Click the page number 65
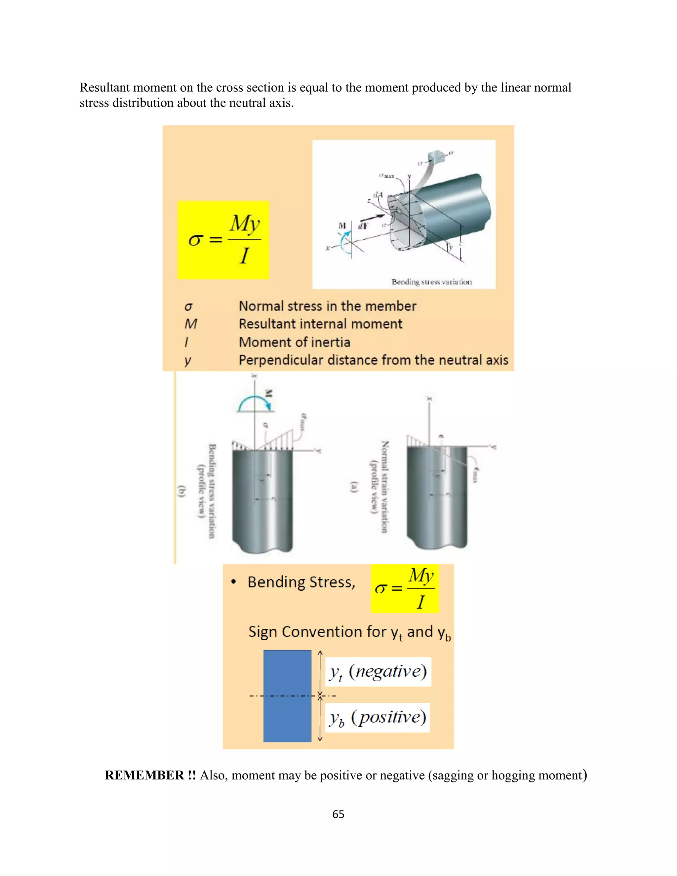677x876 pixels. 338,814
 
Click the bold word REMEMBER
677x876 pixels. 144,775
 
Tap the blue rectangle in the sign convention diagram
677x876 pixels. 287,696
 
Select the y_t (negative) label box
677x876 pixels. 378,671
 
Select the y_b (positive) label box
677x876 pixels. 377,718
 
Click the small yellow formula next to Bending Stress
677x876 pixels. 404,588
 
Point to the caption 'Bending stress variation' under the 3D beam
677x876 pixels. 431,282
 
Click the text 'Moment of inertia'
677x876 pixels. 295,342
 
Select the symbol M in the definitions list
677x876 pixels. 191,324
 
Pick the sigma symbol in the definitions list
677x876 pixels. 188,307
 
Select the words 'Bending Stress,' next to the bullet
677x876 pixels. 301,582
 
